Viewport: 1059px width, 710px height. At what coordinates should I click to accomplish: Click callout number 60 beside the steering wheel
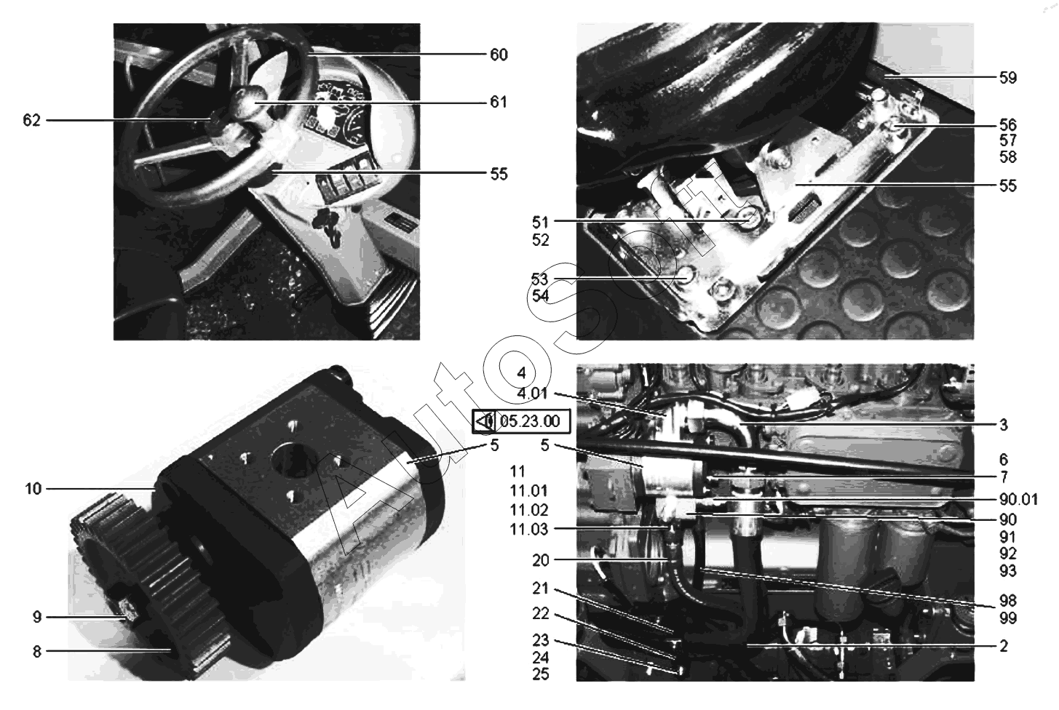pos(499,55)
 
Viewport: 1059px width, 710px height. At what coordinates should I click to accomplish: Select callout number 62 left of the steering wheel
pos(32,121)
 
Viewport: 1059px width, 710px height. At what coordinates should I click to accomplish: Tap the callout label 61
pos(499,102)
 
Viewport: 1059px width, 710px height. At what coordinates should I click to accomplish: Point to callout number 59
pos(1008,77)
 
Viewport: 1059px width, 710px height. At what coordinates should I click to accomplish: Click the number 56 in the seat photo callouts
pos(1008,124)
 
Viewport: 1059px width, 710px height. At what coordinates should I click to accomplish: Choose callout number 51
pos(540,222)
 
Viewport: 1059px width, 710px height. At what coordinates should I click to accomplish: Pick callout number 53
pos(540,279)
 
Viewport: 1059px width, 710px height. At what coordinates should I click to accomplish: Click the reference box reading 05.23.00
pos(521,421)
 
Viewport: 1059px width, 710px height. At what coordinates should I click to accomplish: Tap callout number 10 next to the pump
pos(33,489)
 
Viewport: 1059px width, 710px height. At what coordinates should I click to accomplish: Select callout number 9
pos(37,617)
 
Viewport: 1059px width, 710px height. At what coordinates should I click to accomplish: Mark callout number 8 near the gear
pos(37,652)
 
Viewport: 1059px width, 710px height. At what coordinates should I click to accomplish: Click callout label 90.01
pos(1018,499)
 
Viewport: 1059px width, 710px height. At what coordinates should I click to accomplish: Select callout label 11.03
pos(529,530)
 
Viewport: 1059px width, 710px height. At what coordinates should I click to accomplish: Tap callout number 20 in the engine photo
pos(541,561)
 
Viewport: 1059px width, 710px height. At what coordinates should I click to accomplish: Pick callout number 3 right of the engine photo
pos(1004,425)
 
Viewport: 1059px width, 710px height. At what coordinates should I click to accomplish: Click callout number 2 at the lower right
pos(1004,646)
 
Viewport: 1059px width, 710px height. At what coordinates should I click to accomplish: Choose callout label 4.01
pos(533,393)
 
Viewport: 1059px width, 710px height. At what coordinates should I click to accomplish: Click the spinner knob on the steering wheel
pos(248,100)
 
